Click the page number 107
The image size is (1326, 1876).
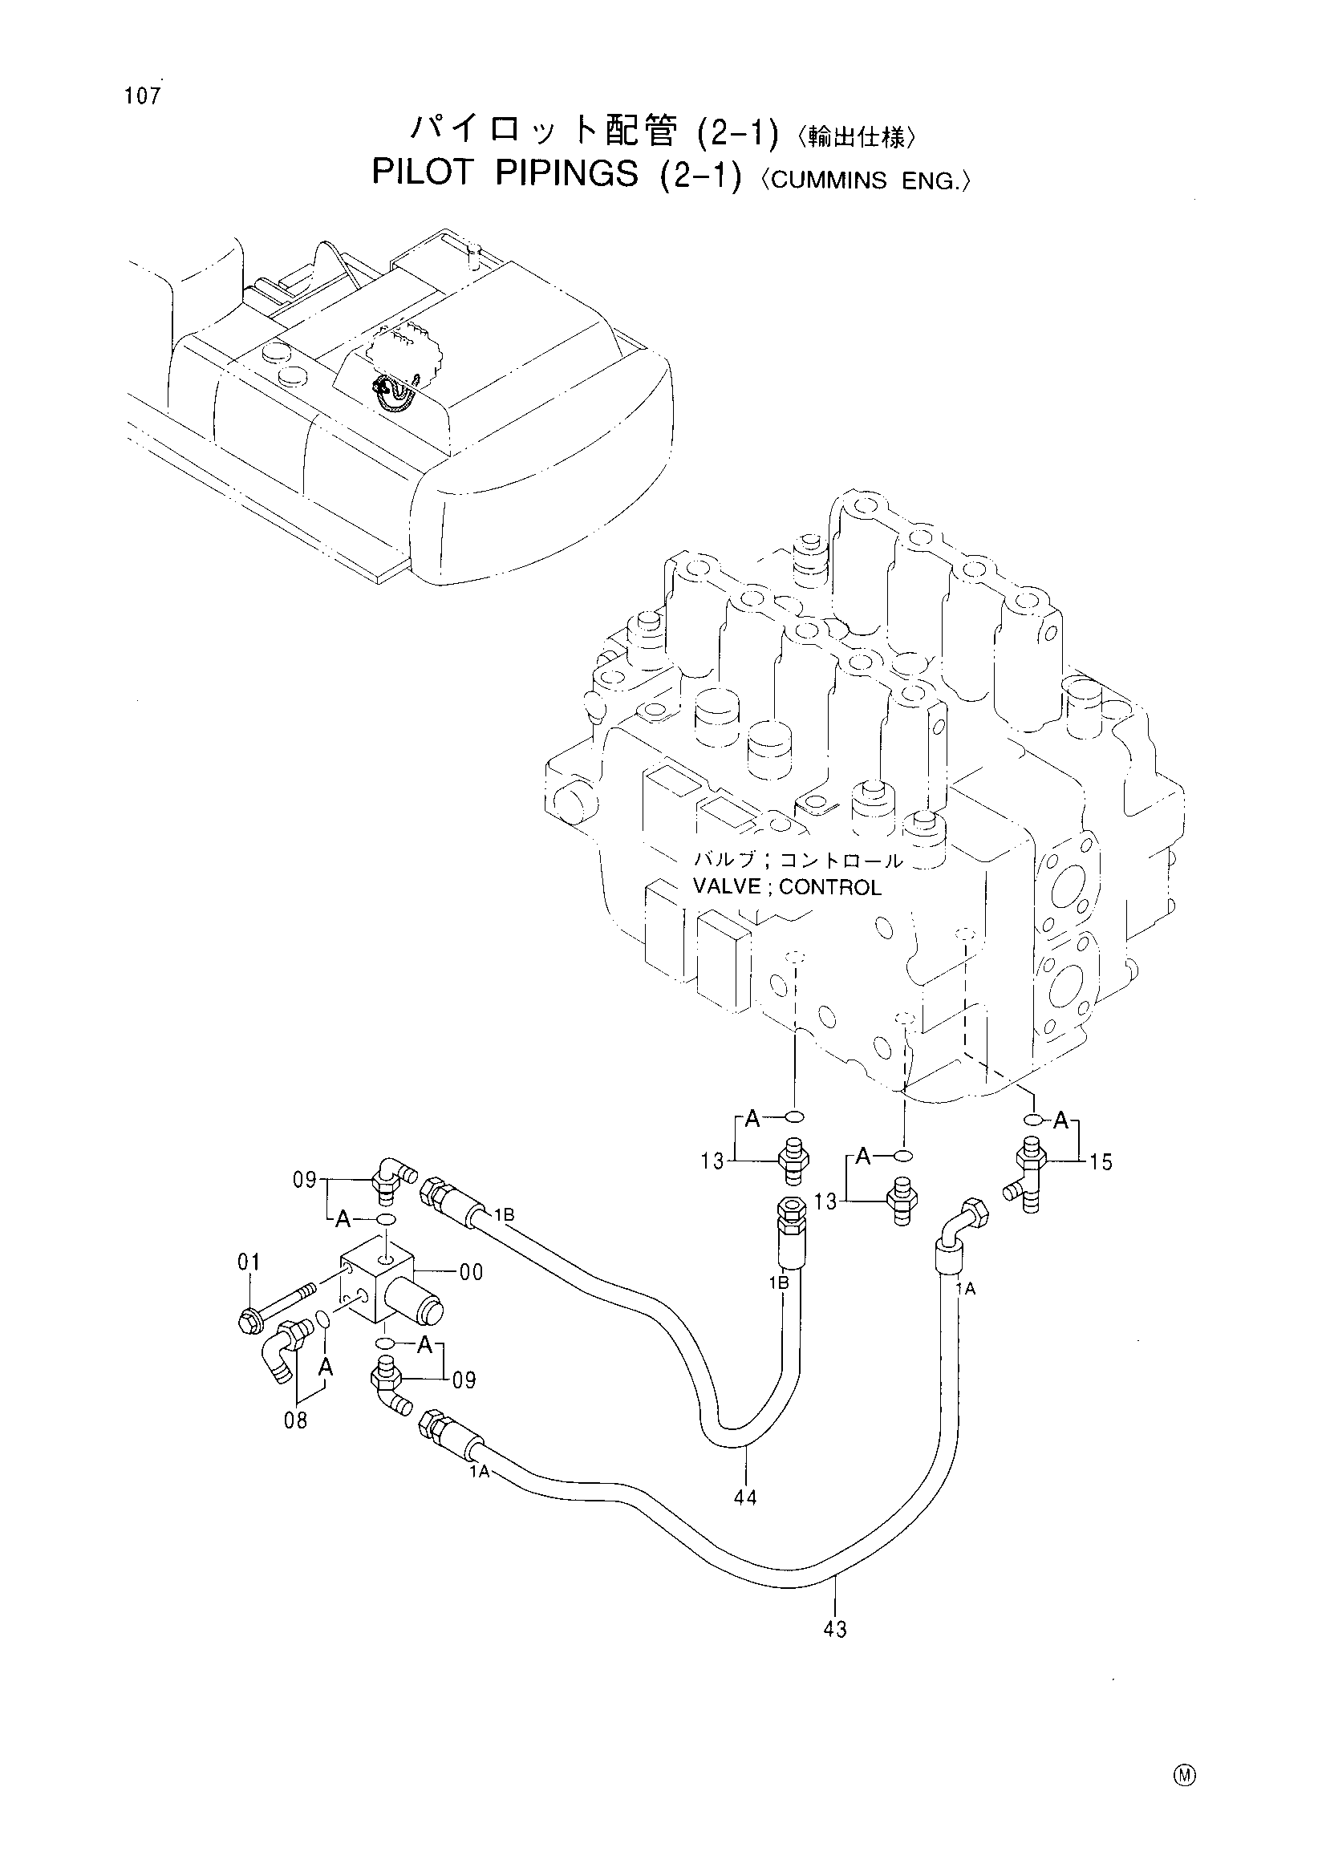(143, 96)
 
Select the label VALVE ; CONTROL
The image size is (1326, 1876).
(787, 887)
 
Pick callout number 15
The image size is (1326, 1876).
(1101, 1162)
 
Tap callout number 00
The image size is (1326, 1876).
(472, 1272)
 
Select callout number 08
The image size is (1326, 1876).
(296, 1421)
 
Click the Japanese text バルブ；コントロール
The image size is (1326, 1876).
(798, 861)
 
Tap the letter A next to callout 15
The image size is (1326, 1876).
(1060, 1122)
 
